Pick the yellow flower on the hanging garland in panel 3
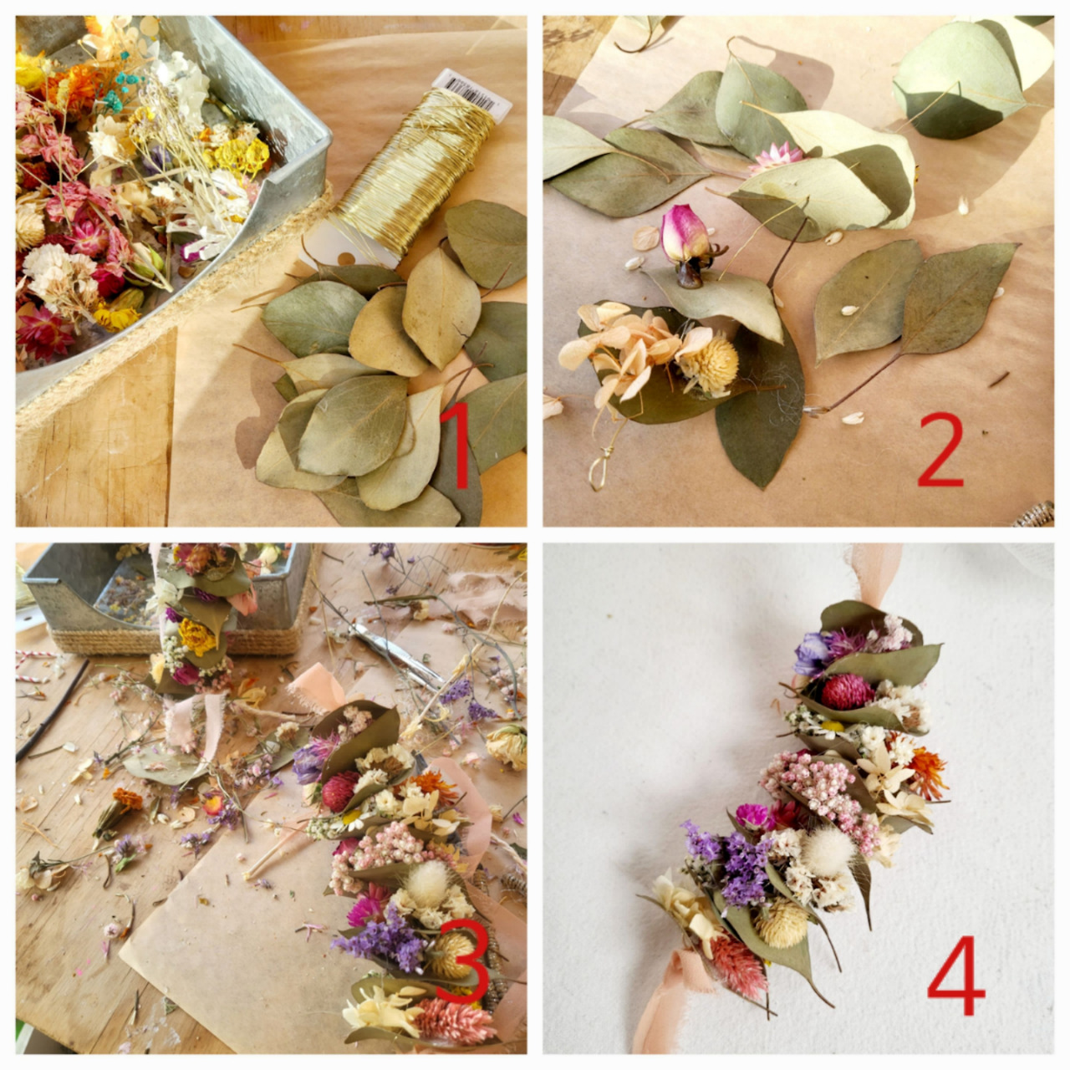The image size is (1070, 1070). pos(196,637)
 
